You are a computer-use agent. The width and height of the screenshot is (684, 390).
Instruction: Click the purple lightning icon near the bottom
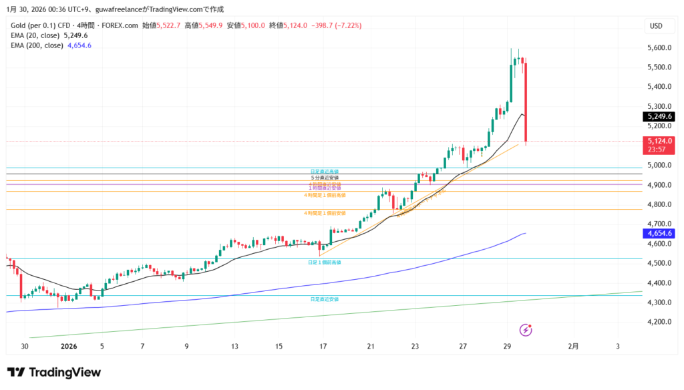coord(526,329)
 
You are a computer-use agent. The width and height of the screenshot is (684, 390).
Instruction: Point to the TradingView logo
coord(53,372)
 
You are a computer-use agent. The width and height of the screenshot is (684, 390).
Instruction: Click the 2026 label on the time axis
coord(69,347)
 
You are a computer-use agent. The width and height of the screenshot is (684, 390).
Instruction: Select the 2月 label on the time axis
coord(574,347)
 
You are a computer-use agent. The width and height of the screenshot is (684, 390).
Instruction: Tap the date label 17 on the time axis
coord(324,347)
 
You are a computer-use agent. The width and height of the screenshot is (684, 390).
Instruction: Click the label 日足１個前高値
coord(324,263)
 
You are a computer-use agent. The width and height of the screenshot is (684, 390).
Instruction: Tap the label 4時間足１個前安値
coord(325,213)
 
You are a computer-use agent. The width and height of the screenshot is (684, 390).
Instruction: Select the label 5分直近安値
coord(325,178)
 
